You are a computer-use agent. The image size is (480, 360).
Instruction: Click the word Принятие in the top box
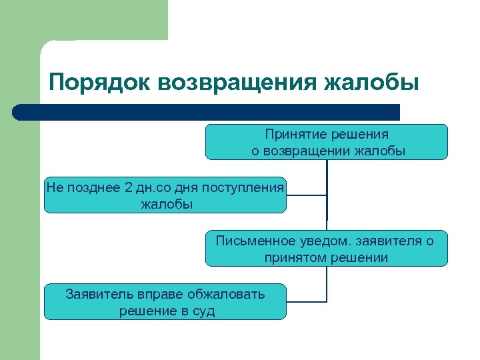pyautogui.click(x=295, y=134)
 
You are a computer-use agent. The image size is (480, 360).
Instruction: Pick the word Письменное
pyautogui.click(x=250, y=241)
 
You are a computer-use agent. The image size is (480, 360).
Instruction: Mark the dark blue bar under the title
pyautogui.click(x=207, y=112)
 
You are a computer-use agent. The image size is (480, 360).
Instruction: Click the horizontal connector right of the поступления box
pyautogui.click(x=307, y=196)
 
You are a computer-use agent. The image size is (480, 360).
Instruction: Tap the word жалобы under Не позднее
pyautogui.click(x=167, y=204)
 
